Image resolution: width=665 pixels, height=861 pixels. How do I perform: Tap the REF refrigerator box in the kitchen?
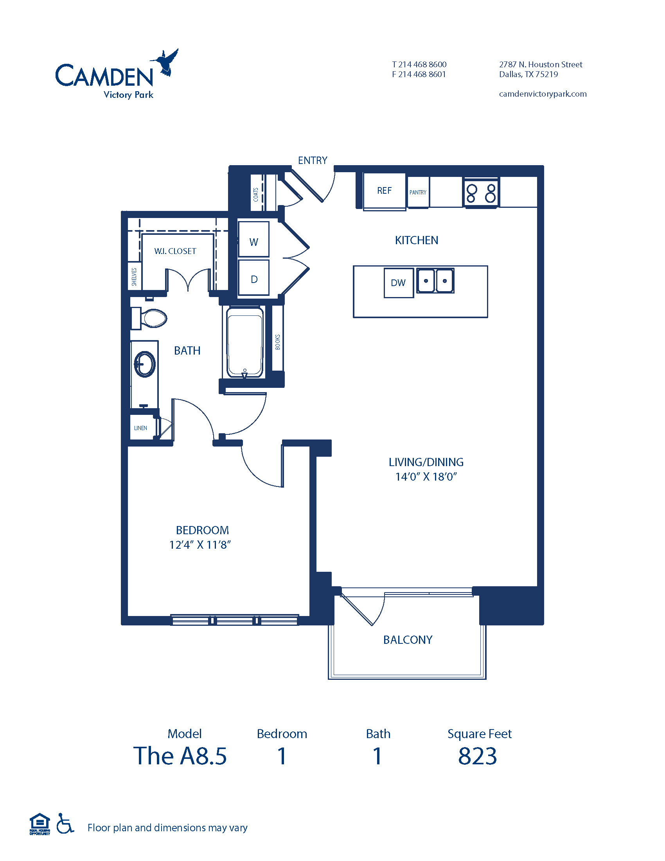(x=384, y=191)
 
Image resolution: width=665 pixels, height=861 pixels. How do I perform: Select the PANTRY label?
(x=418, y=193)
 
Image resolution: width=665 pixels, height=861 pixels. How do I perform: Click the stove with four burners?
(x=481, y=193)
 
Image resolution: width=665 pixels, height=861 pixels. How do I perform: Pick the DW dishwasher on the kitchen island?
(x=399, y=283)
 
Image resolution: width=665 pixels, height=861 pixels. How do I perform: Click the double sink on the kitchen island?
(x=435, y=281)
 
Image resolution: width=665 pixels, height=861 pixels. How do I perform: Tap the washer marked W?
(x=254, y=239)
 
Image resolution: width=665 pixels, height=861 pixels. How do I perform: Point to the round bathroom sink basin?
(x=145, y=364)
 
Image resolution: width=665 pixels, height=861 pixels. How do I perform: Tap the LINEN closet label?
(x=141, y=428)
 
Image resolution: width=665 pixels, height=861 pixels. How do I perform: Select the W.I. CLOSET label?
(x=175, y=251)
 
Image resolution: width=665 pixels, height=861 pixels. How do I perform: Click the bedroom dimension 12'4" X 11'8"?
(x=200, y=545)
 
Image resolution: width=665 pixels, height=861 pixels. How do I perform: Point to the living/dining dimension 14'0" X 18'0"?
(x=426, y=477)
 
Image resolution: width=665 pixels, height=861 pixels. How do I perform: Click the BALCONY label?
(x=408, y=639)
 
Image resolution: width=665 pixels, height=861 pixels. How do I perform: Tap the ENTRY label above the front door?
(x=313, y=160)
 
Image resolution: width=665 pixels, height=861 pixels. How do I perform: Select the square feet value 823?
(x=478, y=756)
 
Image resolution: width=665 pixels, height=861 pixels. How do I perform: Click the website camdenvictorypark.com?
(x=543, y=94)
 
